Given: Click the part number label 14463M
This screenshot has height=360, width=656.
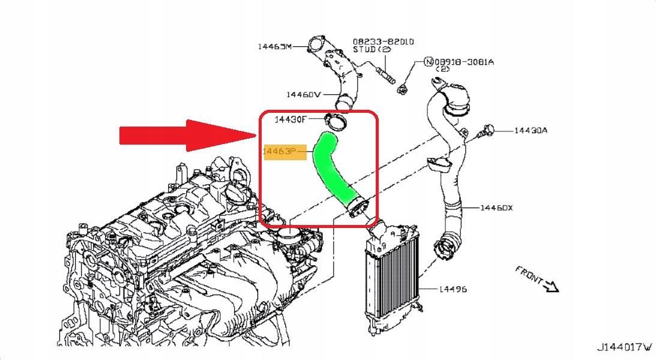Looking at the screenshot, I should (274, 47).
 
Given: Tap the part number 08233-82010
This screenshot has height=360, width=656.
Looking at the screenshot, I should (383, 42).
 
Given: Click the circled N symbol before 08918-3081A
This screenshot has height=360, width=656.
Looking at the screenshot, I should (429, 62).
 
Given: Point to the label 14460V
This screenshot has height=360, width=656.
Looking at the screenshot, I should (304, 94).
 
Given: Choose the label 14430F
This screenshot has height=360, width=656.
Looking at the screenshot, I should (290, 119).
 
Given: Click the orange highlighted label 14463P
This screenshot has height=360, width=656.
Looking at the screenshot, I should (280, 152).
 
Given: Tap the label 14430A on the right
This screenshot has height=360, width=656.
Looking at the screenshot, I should (531, 130).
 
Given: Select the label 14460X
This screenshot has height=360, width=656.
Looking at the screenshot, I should (496, 208).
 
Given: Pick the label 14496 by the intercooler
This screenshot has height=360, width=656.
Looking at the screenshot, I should (453, 289).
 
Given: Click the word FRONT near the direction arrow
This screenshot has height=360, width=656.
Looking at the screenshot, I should (529, 275).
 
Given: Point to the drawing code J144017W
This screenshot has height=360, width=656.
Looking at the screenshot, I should (624, 347).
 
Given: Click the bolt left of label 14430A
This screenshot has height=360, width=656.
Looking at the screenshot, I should (486, 131).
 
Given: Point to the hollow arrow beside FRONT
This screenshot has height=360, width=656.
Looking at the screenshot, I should (550, 287).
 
